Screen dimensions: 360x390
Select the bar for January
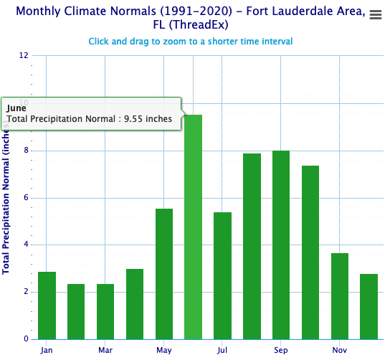tap(47, 305)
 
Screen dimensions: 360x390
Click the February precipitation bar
tap(76, 311)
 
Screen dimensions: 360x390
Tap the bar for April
tap(135, 304)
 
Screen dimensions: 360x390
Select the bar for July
tap(222, 275)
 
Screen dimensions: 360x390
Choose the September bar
tap(281, 245)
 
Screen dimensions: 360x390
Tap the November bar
tap(339, 296)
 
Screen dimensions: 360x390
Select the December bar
tap(368, 306)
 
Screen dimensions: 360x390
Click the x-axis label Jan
tap(47, 350)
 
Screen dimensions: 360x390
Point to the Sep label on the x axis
tap(281, 350)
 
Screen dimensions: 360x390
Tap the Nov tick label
tap(339, 350)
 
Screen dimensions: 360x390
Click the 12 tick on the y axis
tap(24, 56)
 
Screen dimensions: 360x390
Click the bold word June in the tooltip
tap(17, 108)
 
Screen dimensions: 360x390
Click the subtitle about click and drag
tap(191, 41)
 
